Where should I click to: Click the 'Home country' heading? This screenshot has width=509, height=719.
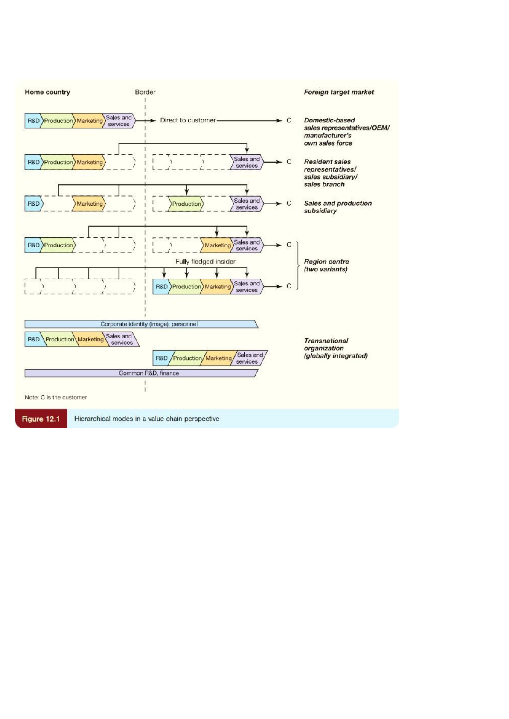point(47,92)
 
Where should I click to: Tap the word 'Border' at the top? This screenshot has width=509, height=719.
point(145,92)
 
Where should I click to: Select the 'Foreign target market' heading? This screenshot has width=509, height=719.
point(339,92)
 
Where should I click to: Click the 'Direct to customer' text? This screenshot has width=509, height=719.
point(188,120)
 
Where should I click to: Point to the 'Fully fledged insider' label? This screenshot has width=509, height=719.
point(205,262)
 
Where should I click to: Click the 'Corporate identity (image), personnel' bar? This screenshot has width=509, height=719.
point(141,324)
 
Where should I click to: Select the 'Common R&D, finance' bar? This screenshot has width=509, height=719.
point(141,373)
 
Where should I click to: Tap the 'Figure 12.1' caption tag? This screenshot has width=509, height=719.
point(41,419)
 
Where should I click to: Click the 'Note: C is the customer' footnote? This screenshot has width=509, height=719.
point(56,397)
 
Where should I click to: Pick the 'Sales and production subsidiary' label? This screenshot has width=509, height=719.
point(337,207)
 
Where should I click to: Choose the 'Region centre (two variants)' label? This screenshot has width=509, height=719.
point(326,265)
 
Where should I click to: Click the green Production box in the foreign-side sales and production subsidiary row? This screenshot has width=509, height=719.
point(186,204)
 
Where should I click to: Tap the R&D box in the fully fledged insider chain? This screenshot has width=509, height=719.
point(161,287)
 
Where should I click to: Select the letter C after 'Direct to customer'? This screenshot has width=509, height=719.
point(289,120)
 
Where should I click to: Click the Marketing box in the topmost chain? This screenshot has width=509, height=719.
point(89,121)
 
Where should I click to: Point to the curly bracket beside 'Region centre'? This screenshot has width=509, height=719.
point(298,265)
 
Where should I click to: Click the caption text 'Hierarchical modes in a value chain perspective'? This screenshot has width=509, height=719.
point(147,419)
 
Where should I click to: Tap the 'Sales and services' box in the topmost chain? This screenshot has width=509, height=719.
point(119,121)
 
